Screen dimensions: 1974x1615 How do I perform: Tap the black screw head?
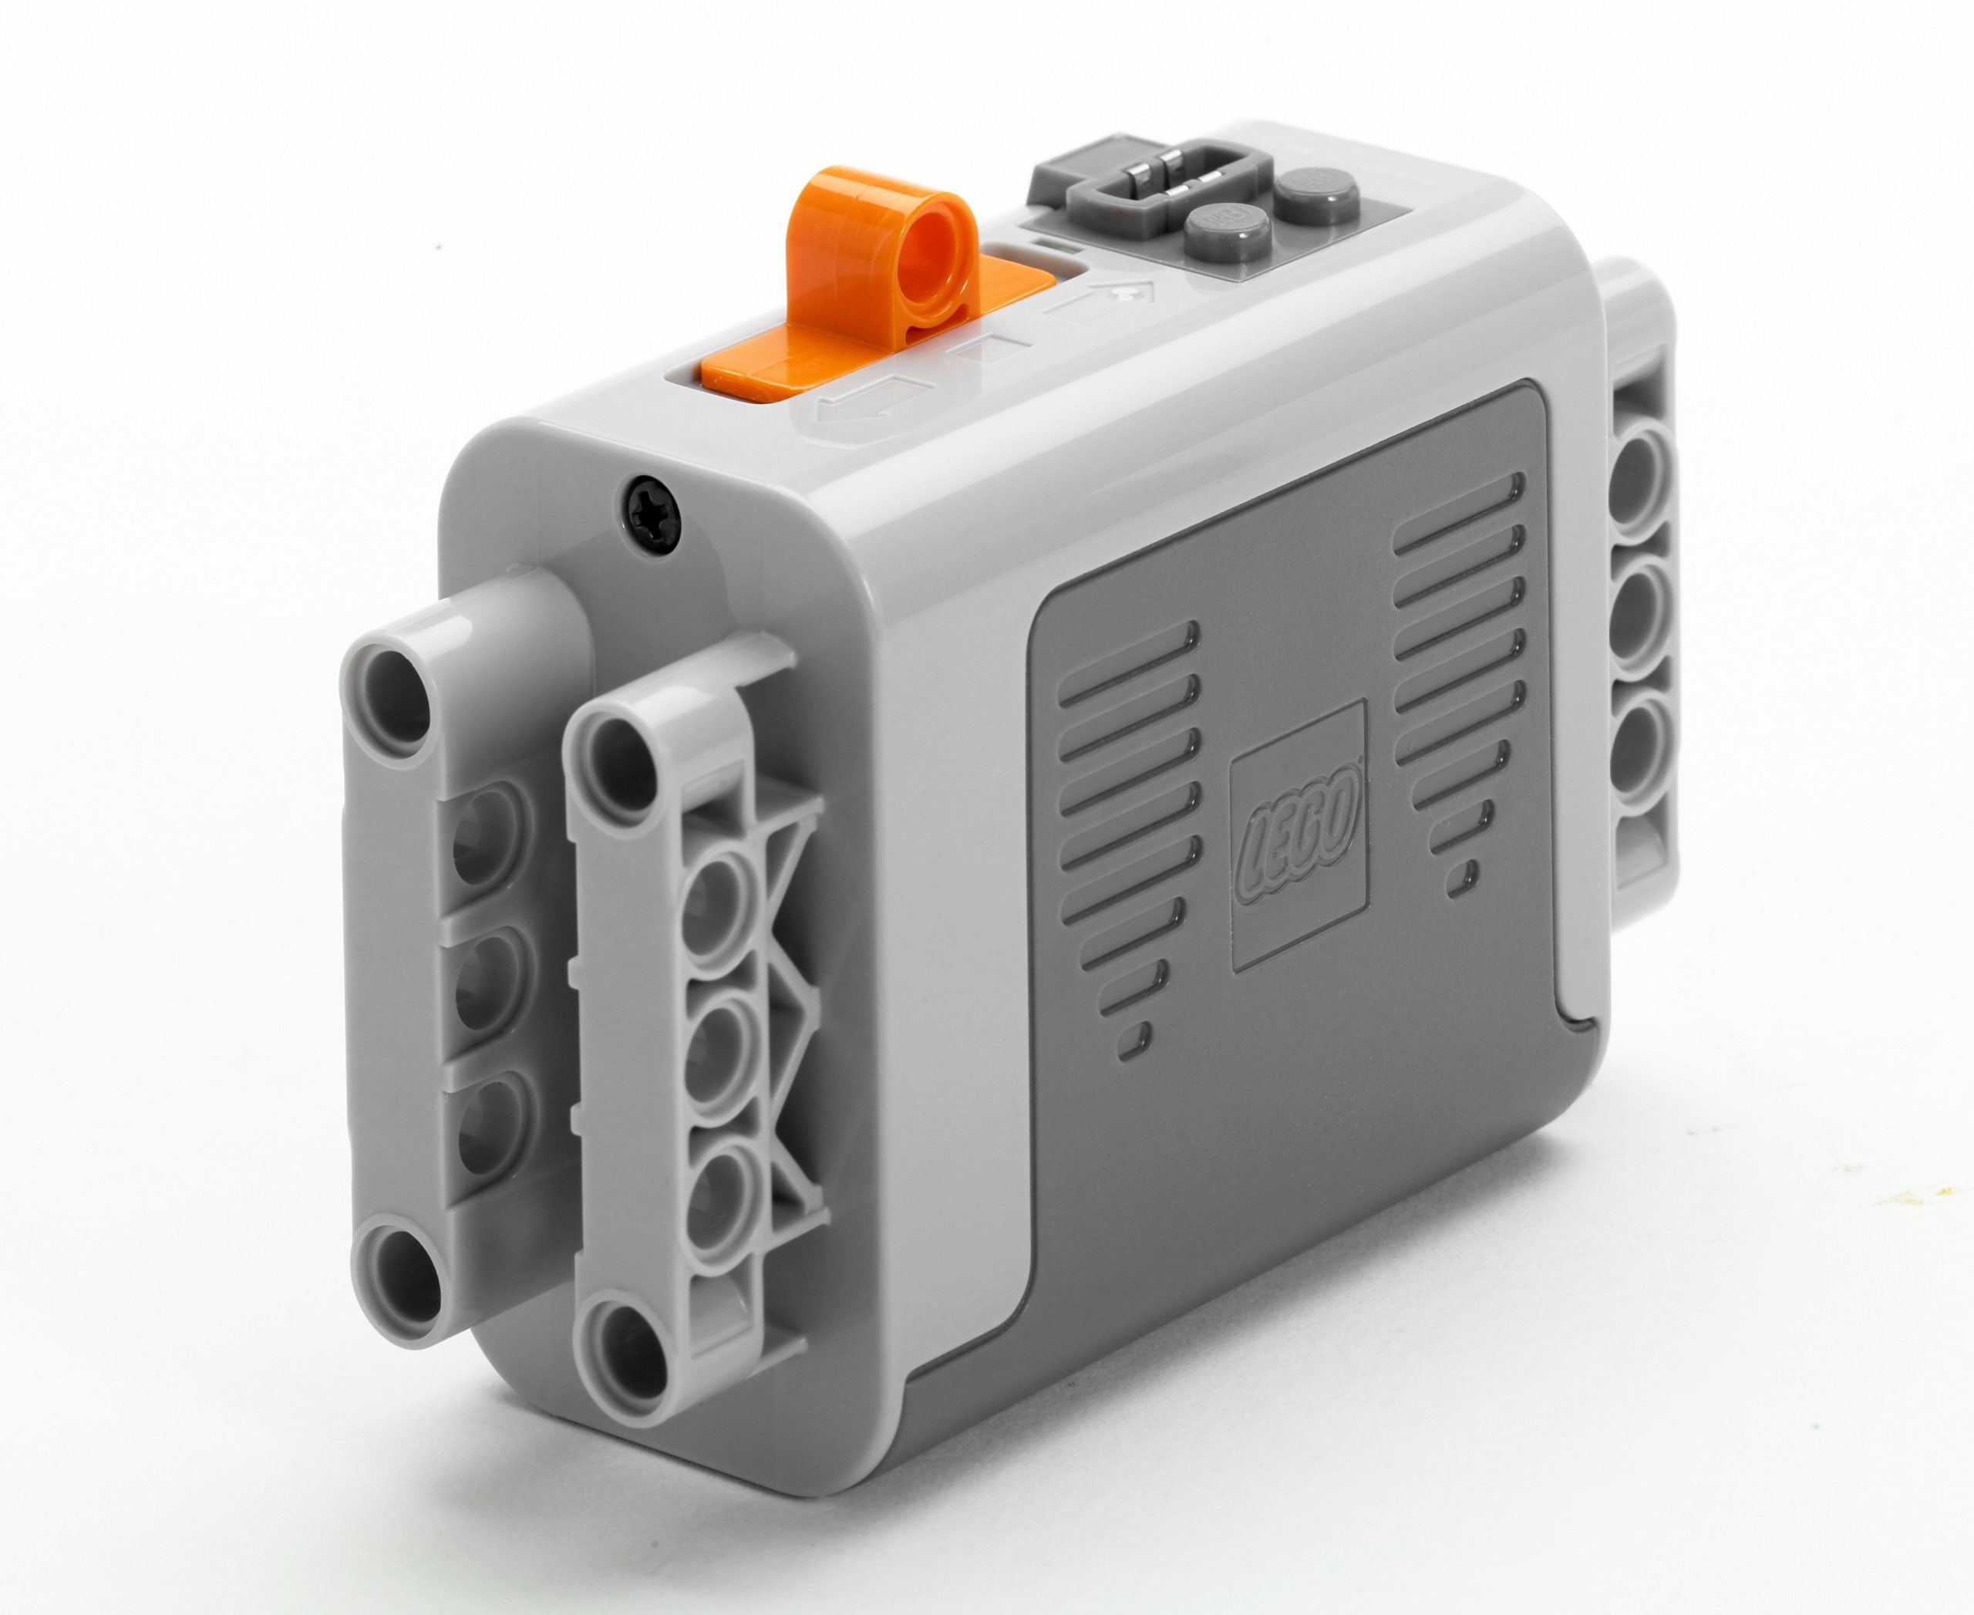pos(650,508)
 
